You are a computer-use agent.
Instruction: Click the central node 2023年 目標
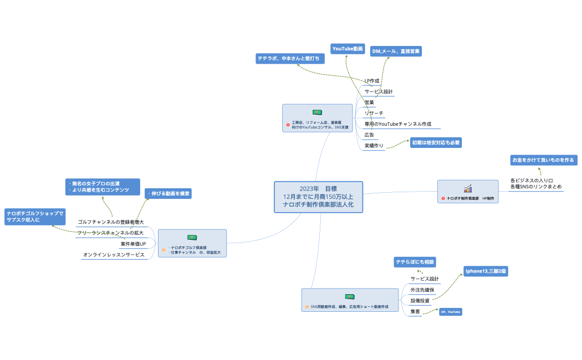click(x=318, y=197)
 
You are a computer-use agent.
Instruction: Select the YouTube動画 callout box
click(x=348, y=49)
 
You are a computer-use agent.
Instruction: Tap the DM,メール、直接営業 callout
click(x=396, y=51)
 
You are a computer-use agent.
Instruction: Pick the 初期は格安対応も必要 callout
click(x=435, y=142)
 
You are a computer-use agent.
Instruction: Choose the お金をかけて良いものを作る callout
click(x=543, y=160)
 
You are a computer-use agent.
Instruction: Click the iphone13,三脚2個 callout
click(x=486, y=271)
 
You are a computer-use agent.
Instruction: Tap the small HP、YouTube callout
click(x=450, y=312)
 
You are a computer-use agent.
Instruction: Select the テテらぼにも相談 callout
click(x=415, y=261)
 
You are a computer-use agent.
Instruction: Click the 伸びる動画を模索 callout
click(x=169, y=193)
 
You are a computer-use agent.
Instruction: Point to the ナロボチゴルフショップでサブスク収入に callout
click(x=34, y=216)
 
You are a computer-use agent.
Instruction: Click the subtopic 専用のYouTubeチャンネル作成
click(x=397, y=124)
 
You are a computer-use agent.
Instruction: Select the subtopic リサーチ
click(x=374, y=113)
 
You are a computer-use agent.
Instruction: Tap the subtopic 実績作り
click(x=374, y=146)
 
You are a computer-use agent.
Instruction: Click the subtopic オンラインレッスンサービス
click(x=114, y=255)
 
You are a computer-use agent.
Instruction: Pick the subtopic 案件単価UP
click(x=133, y=244)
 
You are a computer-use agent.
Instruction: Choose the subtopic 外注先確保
click(x=422, y=290)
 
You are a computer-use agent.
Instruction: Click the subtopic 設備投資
click(x=420, y=301)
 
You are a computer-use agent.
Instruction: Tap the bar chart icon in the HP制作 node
click(x=468, y=188)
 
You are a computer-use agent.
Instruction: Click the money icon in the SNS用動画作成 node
click(x=349, y=297)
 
